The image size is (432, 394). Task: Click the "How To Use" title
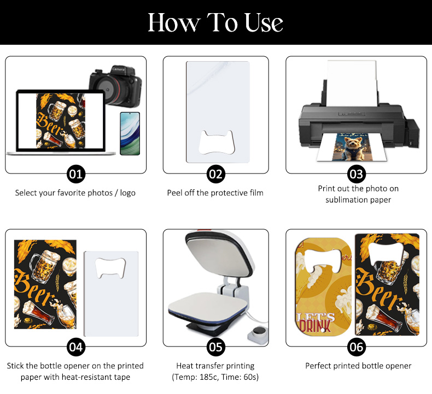(x=215, y=22)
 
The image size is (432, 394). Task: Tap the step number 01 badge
(x=76, y=174)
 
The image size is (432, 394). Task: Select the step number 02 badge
(x=215, y=174)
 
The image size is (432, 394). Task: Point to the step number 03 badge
(x=356, y=174)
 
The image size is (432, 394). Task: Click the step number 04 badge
(x=76, y=347)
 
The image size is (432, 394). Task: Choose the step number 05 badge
(x=215, y=347)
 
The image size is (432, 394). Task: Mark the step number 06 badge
(x=356, y=347)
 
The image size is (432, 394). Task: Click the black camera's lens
(x=107, y=89)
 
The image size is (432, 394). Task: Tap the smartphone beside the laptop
(x=130, y=134)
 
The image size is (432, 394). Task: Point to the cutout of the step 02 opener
(x=217, y=142)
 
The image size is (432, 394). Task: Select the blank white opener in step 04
(x=111, y=294)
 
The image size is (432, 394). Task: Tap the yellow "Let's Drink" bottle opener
(x=323, y=286)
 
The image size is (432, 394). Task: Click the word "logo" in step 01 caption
(x=127, y=193)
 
